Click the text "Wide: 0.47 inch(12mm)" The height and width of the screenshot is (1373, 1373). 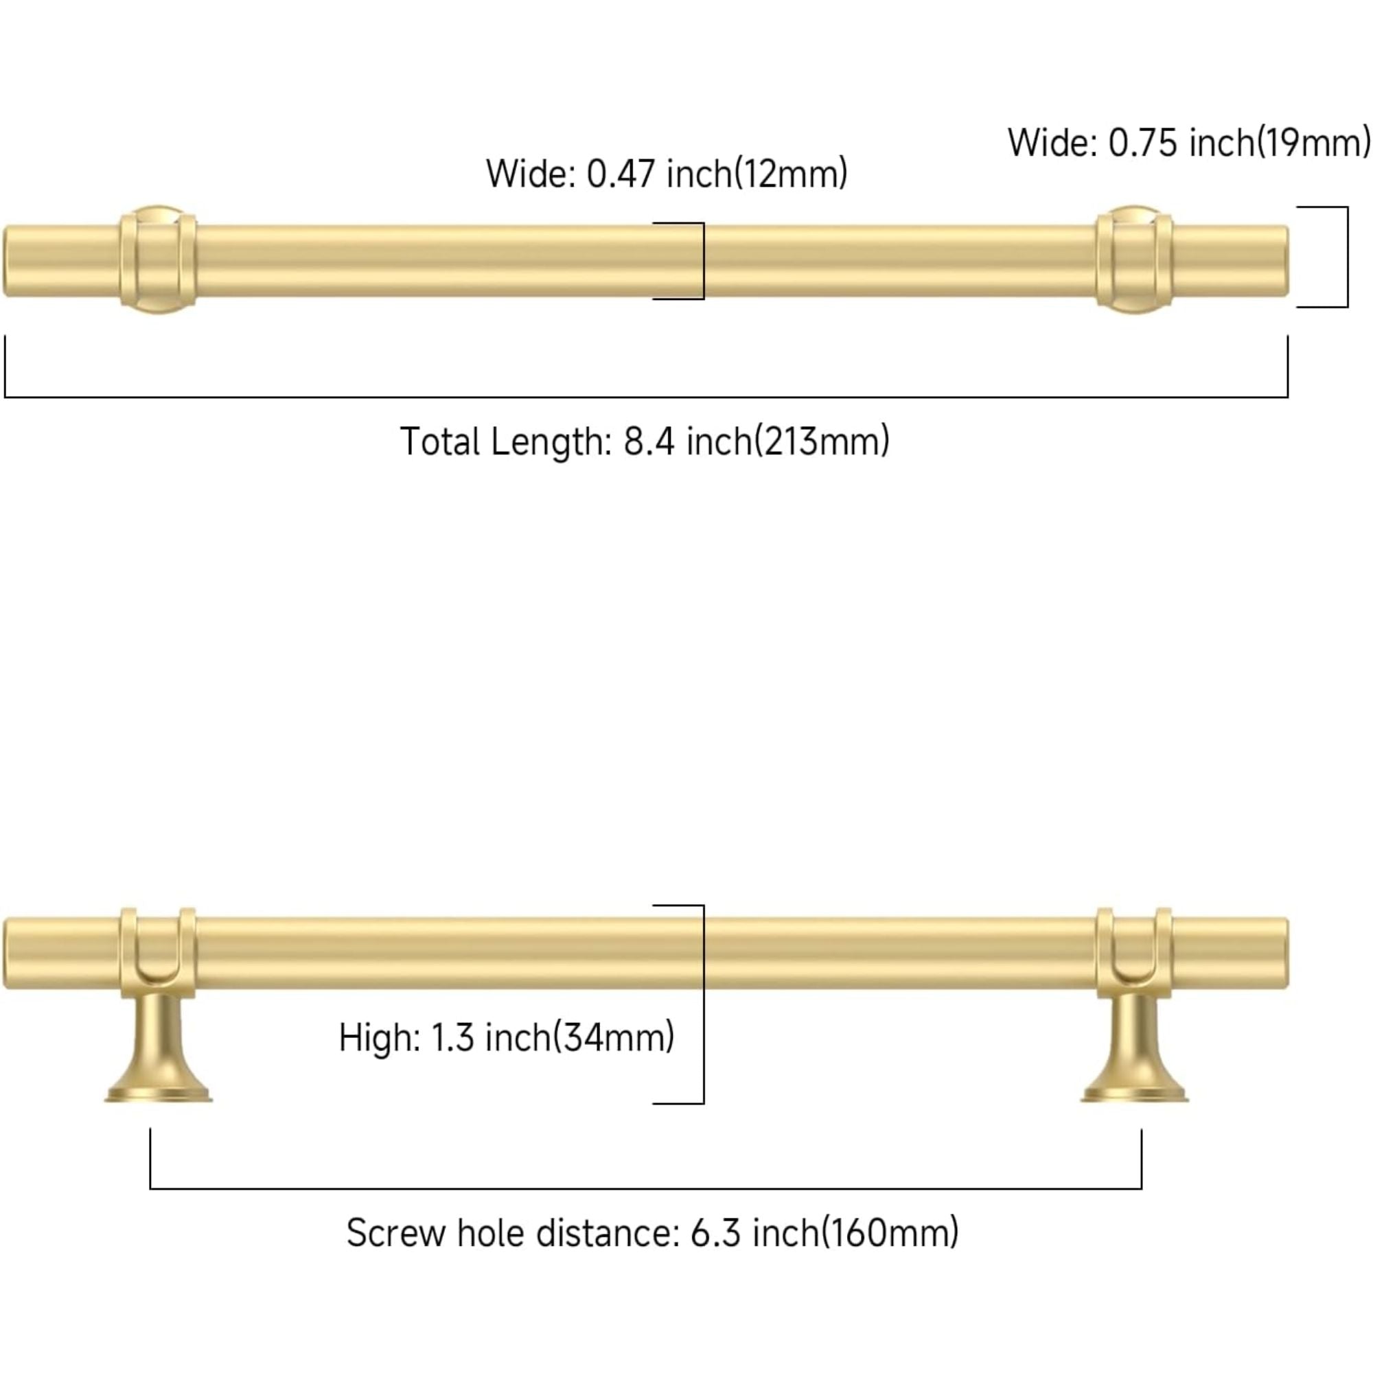point(666,174)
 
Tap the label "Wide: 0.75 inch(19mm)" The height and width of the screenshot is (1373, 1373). point(1188,143)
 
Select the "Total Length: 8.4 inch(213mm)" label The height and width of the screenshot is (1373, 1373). point(644,441)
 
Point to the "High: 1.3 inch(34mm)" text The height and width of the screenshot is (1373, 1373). point(506,1037)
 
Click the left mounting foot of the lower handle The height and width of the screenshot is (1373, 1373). point(159,1052)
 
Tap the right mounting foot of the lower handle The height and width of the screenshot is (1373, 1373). point(1134,1052)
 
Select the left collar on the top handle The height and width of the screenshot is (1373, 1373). point(158,260)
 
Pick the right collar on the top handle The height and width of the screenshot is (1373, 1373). point(1133,260)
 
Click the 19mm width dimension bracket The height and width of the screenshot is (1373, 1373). point(1347,257)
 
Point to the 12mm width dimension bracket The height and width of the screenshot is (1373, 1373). point(703,261)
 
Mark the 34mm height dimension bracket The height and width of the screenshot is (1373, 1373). point(703,1004)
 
